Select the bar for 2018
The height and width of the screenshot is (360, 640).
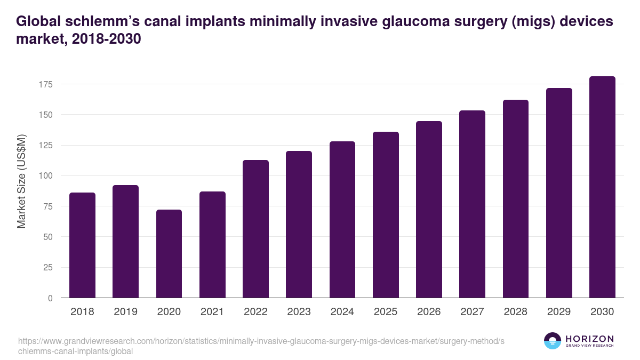pos(82,245)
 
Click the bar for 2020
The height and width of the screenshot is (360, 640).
pos(169,254)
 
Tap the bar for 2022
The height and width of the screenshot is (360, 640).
pos(255,229)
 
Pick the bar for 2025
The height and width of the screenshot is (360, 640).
pos(386,215)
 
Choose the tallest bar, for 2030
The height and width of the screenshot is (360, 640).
pos(602,187)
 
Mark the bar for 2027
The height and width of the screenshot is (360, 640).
pos(472,204)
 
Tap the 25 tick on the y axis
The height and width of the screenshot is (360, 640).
pos(48,268)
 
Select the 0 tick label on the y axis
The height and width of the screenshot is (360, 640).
pos(50,298)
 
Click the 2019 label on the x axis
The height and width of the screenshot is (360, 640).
pos(125,312)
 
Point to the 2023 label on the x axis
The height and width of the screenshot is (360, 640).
pos(299,312)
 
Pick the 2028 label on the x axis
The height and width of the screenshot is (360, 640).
pos(515,312)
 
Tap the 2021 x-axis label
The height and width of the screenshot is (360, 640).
pos(212,312)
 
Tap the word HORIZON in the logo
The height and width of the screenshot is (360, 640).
pos(590,339)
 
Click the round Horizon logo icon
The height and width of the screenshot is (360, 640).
pos(553,341)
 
